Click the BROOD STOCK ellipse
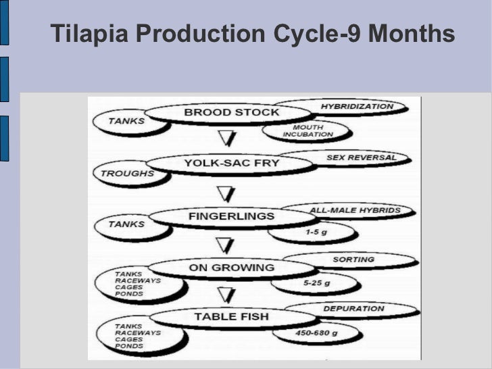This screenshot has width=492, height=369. (x=231, y=113)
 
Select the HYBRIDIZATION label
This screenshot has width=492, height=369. (x=356, y=107)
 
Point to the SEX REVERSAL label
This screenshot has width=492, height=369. (x=358, y=157)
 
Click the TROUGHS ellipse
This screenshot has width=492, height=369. (x=127, y=174)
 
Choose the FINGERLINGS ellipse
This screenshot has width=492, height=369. (x=231, y=216)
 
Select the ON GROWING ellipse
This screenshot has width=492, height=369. (x=231, y=268)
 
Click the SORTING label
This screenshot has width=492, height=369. (x=353, y=260)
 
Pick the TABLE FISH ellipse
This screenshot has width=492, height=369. (x=231, y=316)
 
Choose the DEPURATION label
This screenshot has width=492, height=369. (x=353, y=309)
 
